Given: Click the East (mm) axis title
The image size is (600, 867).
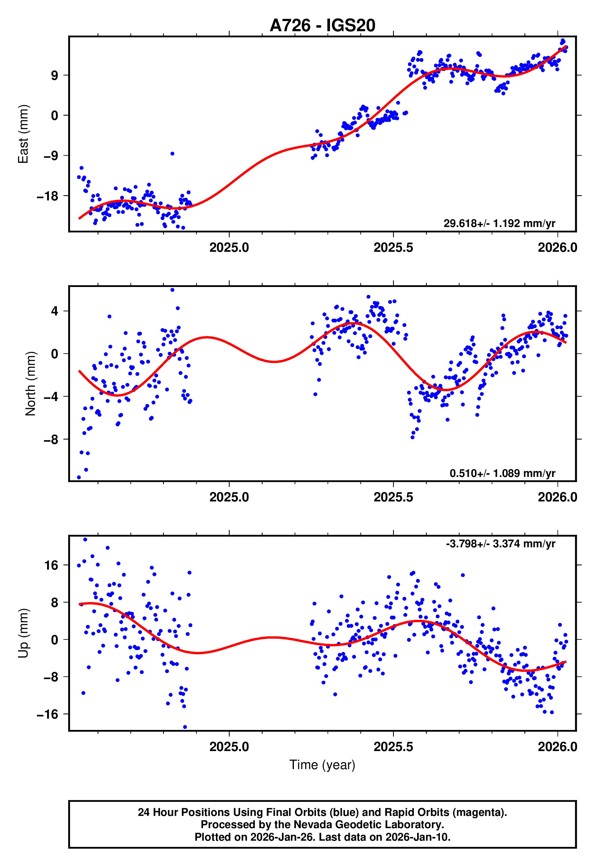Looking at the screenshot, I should [x=23, y=134].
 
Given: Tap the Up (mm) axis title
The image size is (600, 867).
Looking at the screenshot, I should [x=23, y=633].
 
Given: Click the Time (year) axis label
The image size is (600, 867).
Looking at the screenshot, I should [x=322, y=765].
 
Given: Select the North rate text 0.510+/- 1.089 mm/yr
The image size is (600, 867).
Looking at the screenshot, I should [x=502, y=473].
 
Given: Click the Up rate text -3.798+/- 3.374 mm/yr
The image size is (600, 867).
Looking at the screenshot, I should [x=500, y=544].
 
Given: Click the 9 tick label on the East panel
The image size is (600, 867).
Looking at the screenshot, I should [x=55, y=75].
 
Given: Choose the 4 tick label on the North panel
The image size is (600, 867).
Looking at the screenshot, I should [x=55, y=311].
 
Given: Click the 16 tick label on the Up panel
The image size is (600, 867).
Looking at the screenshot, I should [x=51, y=565].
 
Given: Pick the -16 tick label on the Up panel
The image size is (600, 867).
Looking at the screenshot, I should [x=47, y=714].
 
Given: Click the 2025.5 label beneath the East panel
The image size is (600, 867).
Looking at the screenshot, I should [x=393, y=247].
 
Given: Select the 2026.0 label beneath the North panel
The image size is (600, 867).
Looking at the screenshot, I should [x=557, y=497].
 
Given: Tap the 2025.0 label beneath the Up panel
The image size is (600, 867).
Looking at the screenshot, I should [x=229, y=747].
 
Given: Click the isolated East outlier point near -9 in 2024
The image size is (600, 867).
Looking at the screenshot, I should [x=172, y=153].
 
